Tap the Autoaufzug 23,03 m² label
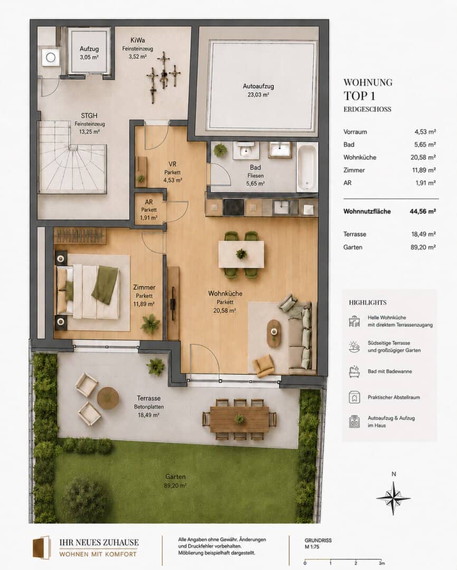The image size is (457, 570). (x=258, y=91)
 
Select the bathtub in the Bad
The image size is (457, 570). (x=307, y=167)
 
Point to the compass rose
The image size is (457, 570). (x=393, y=498)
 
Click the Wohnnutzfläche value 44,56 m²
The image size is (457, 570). (x=423, y=211)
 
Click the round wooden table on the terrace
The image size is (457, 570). (x=108, y=398)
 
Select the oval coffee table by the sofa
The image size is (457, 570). (x=274, y=334)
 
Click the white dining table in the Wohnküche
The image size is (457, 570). (x=241, y=254)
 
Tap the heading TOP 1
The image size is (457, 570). (x=359, y=96)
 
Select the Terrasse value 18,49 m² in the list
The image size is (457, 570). (x=424, y=234)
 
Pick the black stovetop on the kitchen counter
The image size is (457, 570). (x=233, y=207)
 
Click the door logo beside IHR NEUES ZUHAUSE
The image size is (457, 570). (x=42, y=547)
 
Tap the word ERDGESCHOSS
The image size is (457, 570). (x=367, y=109)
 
